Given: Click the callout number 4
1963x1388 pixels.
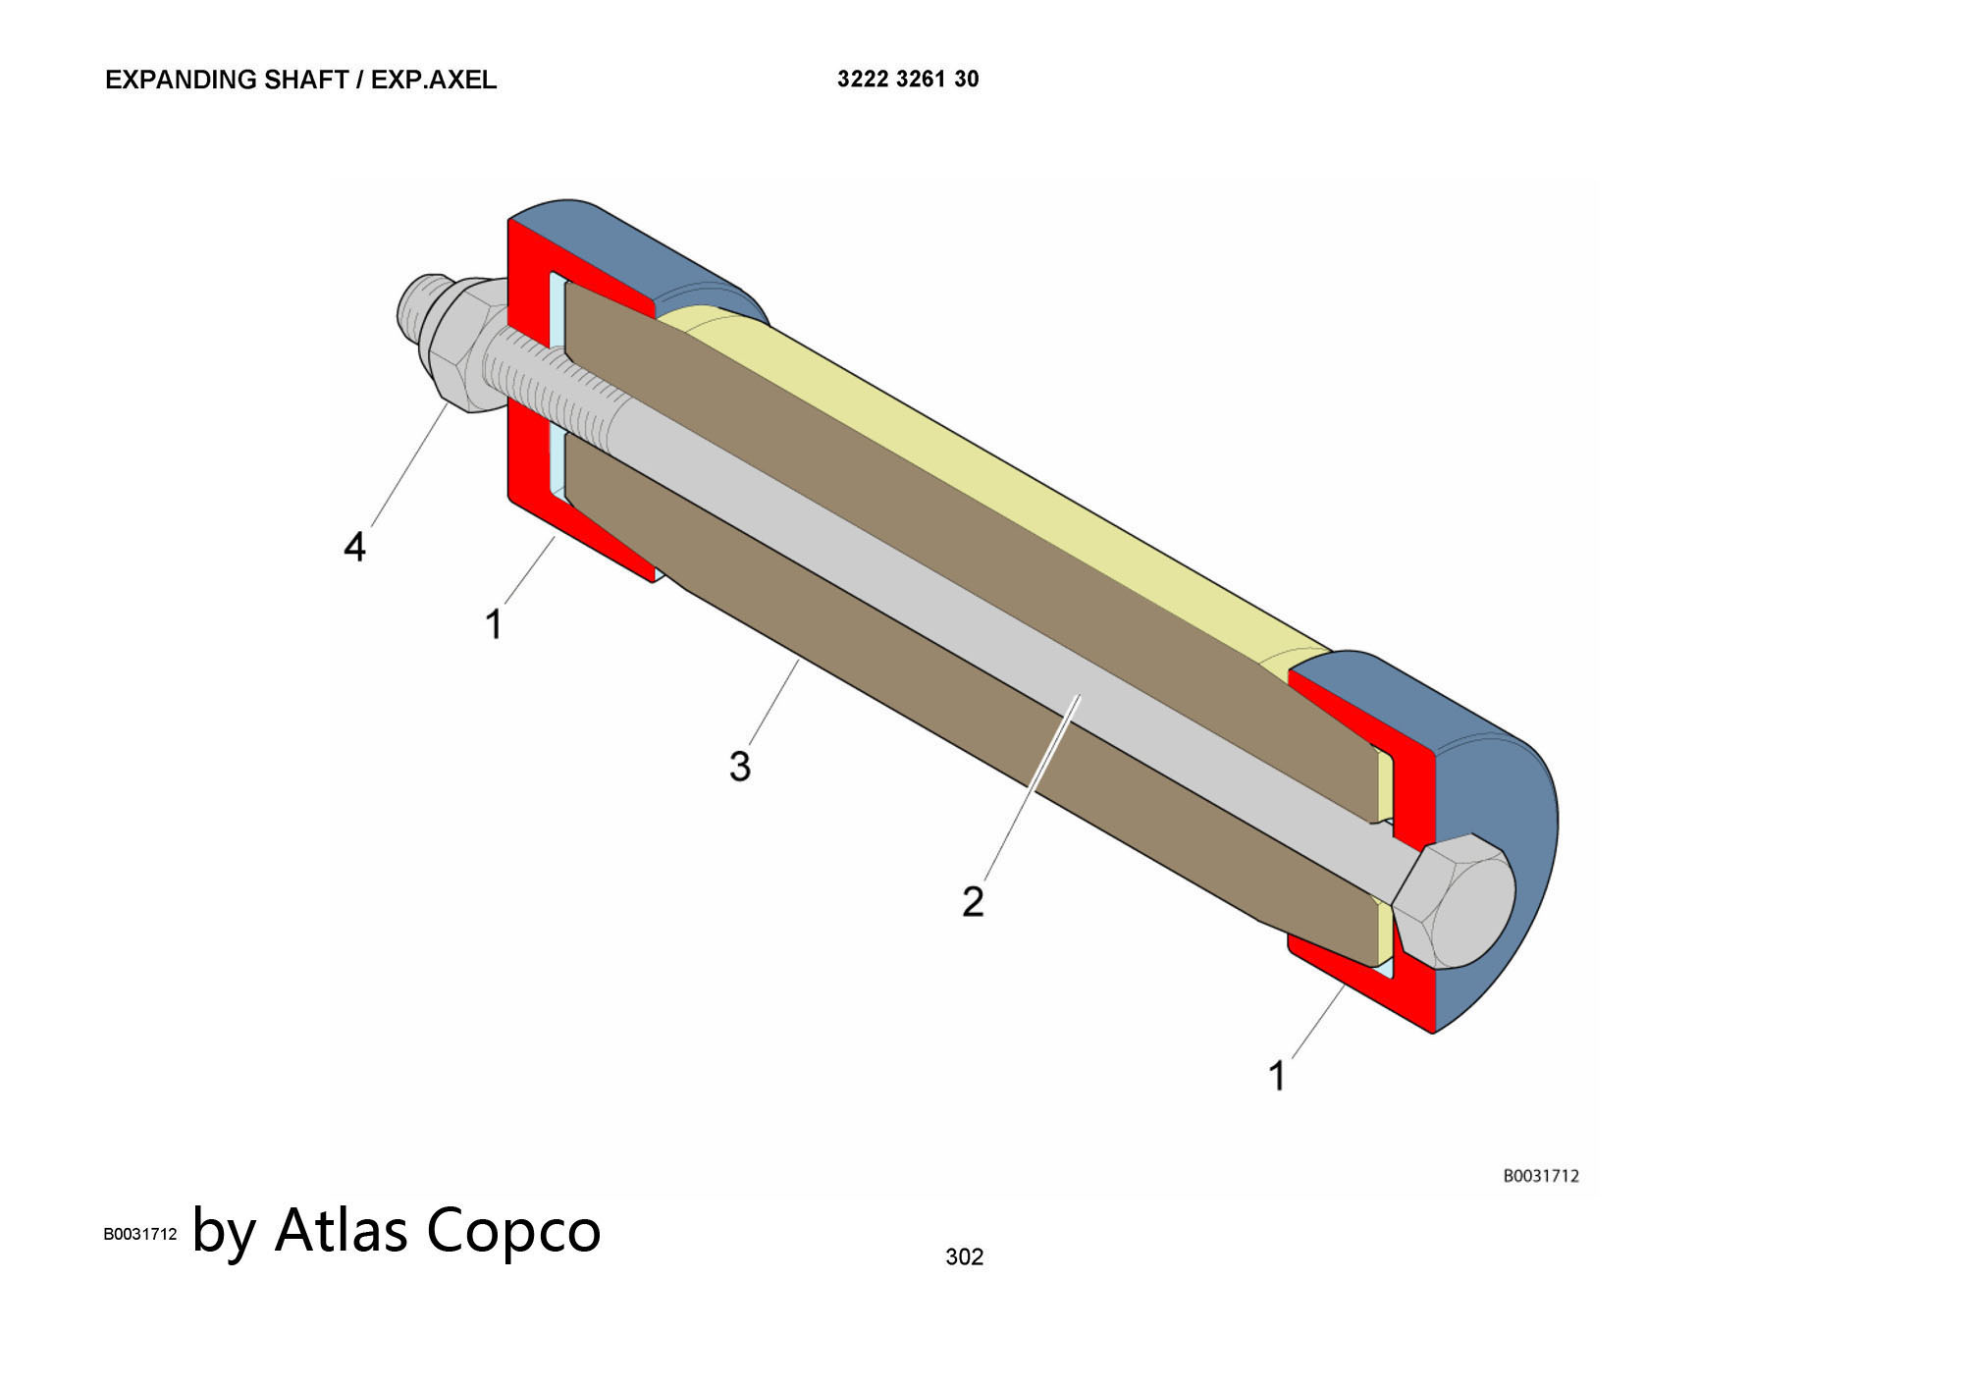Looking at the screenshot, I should click(x=354, y=547).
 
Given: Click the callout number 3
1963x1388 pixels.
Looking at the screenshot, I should click(x=740, y=766).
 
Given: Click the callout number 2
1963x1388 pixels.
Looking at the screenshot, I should click(x=973, y=901).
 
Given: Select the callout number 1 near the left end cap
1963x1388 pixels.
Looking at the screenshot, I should click(x=494, y=623).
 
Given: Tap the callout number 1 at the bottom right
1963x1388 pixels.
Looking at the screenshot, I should click(x=1277, y=1076).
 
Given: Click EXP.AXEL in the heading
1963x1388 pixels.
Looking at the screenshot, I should click(x=434, y=80).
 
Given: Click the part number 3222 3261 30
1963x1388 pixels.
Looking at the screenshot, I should click(x=908, y=80).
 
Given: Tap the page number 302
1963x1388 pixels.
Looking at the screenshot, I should click(x=964, y=1256).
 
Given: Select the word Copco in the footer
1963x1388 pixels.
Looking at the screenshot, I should click(x=513, y=1231).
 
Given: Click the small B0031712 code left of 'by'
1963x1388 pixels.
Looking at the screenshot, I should click(x=140, y=1234).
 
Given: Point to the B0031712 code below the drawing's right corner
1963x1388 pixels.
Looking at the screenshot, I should click(x=1541, y=1176).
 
